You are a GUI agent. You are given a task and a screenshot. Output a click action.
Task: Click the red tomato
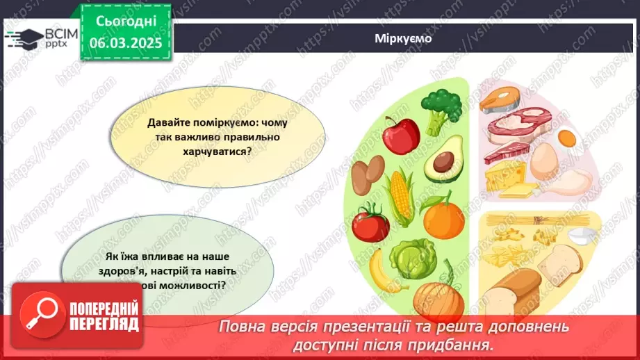[x=370, y=224]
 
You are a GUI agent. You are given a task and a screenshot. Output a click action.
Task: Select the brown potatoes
[x=368, y=174]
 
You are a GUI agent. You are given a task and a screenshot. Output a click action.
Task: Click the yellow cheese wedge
[x=505, y=179]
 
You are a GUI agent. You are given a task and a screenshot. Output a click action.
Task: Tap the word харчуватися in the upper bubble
[x=209, y=149]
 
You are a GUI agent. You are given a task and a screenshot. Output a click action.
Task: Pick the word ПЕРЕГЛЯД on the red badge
[x=104, y=325]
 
